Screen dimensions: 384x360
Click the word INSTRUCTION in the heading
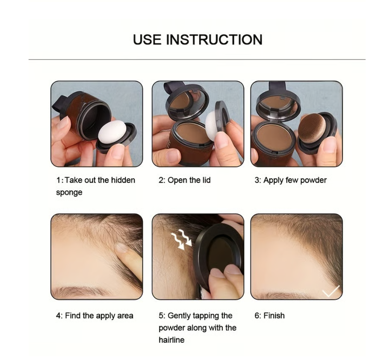pos(214,39)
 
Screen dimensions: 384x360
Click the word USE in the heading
pos(147,39)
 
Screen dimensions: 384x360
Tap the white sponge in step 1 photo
pos(112,132)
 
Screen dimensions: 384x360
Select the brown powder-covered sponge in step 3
pos(312,128)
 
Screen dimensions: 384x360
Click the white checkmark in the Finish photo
pos(331,291)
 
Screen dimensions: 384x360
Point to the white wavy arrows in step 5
pos(181,239)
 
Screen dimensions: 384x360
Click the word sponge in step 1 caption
pos(69,193)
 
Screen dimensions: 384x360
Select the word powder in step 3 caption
pos(313,181)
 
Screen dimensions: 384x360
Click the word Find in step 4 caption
pos(73,315)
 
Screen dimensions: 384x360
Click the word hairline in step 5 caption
pos(171,340)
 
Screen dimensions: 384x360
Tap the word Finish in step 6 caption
pos(274,315)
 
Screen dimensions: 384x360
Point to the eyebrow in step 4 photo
pos(81,291)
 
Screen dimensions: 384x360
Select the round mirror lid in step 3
pos(278,105)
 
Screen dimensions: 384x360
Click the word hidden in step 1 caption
pos(123,180)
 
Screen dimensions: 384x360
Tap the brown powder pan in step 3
pos(275,137)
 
